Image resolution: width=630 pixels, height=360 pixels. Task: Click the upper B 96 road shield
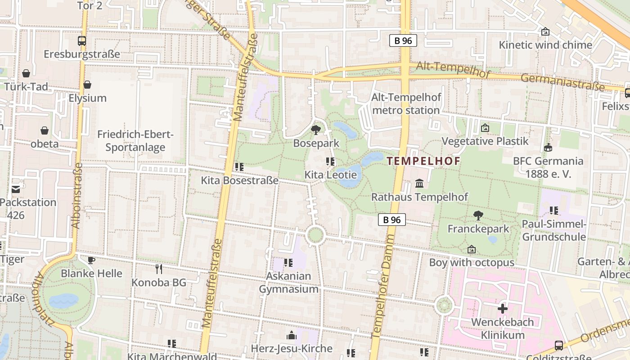[403, 40]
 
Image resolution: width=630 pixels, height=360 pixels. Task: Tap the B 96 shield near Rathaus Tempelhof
[391, 220]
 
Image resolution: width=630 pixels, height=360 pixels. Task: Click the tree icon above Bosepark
[316, 130]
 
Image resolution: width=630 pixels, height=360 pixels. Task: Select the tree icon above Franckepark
[478, 216]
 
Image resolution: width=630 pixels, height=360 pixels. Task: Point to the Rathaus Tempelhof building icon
[419, 183]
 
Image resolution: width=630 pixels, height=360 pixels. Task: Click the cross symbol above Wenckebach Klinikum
[502, 309]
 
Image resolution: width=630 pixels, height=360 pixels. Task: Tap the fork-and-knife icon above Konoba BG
[158, 269]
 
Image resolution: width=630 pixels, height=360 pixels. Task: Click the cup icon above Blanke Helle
[91, 260]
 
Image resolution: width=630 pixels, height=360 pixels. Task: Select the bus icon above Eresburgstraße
[82, 41]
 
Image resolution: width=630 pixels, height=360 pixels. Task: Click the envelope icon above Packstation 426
[16, 189]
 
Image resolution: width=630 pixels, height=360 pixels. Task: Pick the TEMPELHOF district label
[423, 161]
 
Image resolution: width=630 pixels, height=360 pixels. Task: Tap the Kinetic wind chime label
[545, 45]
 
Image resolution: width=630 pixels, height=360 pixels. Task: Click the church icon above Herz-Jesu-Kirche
[292, 335]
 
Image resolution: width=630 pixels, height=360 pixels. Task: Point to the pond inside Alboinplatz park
[63, 300]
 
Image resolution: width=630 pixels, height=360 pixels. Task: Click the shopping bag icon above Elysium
[87, 85]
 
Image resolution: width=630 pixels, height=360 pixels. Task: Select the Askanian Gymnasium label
[288, 282]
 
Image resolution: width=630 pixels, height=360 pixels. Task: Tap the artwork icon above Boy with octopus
[472, 249]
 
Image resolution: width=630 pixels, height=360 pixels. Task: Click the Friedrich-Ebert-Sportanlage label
[135, 140]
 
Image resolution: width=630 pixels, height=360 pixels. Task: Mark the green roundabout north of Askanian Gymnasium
[315, 234]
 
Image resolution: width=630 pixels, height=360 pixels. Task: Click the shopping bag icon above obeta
[45, 130]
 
